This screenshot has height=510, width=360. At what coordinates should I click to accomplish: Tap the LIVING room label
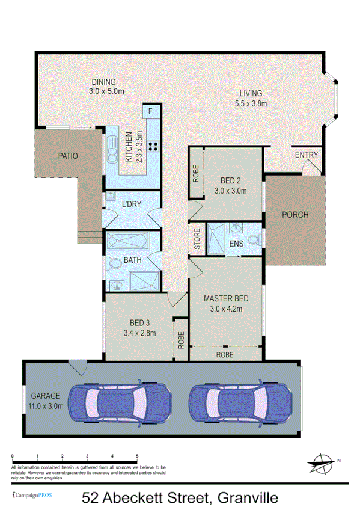click(251, 93)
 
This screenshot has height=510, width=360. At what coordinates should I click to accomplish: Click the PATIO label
click(68, 156)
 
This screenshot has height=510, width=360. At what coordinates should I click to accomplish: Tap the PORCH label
click(295, 215)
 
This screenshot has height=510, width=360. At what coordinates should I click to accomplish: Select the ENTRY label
click(306, 155)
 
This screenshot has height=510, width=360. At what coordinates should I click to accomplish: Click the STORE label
click(197, 239)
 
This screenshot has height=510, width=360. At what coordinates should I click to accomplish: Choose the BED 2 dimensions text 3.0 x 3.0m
click(230, 191)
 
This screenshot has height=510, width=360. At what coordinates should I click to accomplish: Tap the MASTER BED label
click(225, 298)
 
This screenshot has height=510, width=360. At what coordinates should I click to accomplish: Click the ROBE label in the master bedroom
click(225, 355)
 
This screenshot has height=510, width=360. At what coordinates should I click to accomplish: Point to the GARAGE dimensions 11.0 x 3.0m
click(46, 405)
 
